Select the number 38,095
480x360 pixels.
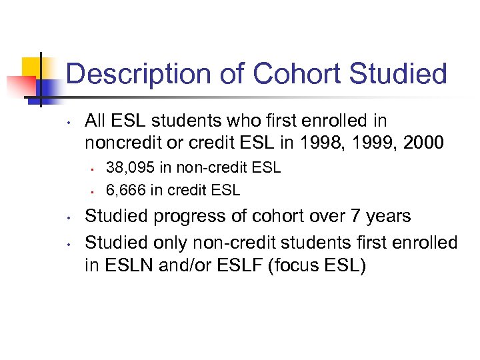point(127,168)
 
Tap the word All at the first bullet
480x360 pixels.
point(96,121)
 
